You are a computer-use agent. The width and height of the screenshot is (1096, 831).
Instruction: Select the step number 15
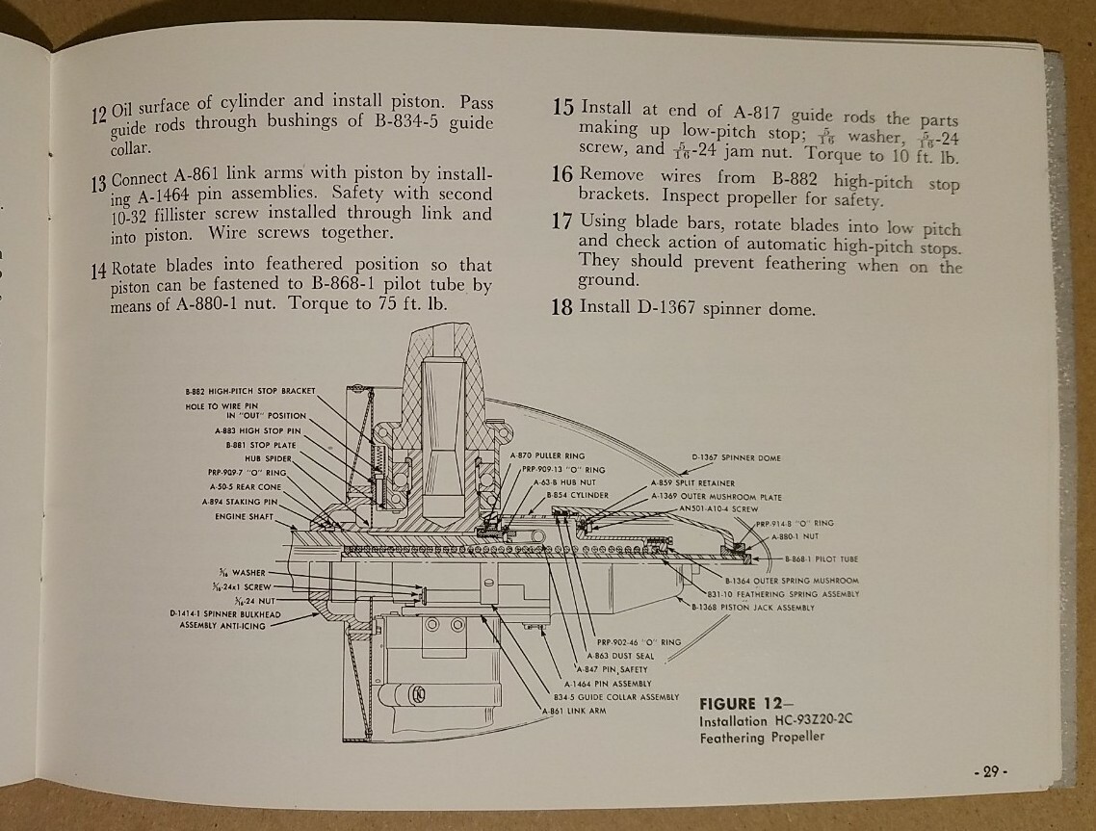click(x=564, y=107)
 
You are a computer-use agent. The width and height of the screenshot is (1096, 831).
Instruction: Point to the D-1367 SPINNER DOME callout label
click(x=737, y=457)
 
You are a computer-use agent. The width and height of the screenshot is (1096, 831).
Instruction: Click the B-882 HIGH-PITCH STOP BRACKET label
click(x=249, y=392)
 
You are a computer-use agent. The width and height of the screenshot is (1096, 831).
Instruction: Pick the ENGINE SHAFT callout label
click(x=245, y=516)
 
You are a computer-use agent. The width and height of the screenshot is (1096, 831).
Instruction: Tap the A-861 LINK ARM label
click(x=566, y=712)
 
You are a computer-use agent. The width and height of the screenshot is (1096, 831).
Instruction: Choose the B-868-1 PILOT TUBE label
click(x=822, y=558)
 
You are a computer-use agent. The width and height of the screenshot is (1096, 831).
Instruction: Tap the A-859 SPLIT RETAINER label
click(x=693, y=482)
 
